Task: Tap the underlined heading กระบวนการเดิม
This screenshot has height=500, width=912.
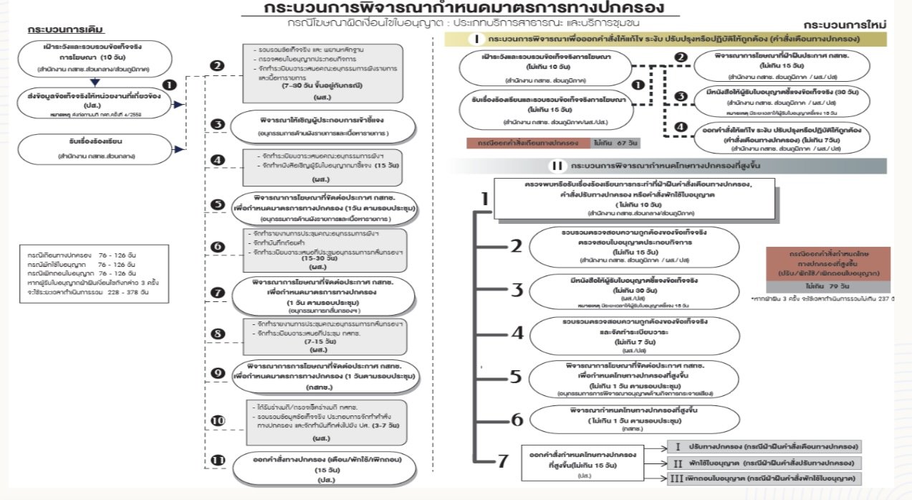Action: tap(66, 31)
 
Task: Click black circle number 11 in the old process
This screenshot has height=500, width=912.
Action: tap(219, 460)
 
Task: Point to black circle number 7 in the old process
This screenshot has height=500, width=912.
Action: tap(219, 293)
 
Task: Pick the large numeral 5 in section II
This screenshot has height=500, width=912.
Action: tap(516, 377)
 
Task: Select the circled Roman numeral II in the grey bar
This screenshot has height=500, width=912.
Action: tap(557, 166)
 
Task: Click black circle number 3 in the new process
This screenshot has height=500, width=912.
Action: tap(681, 96)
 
